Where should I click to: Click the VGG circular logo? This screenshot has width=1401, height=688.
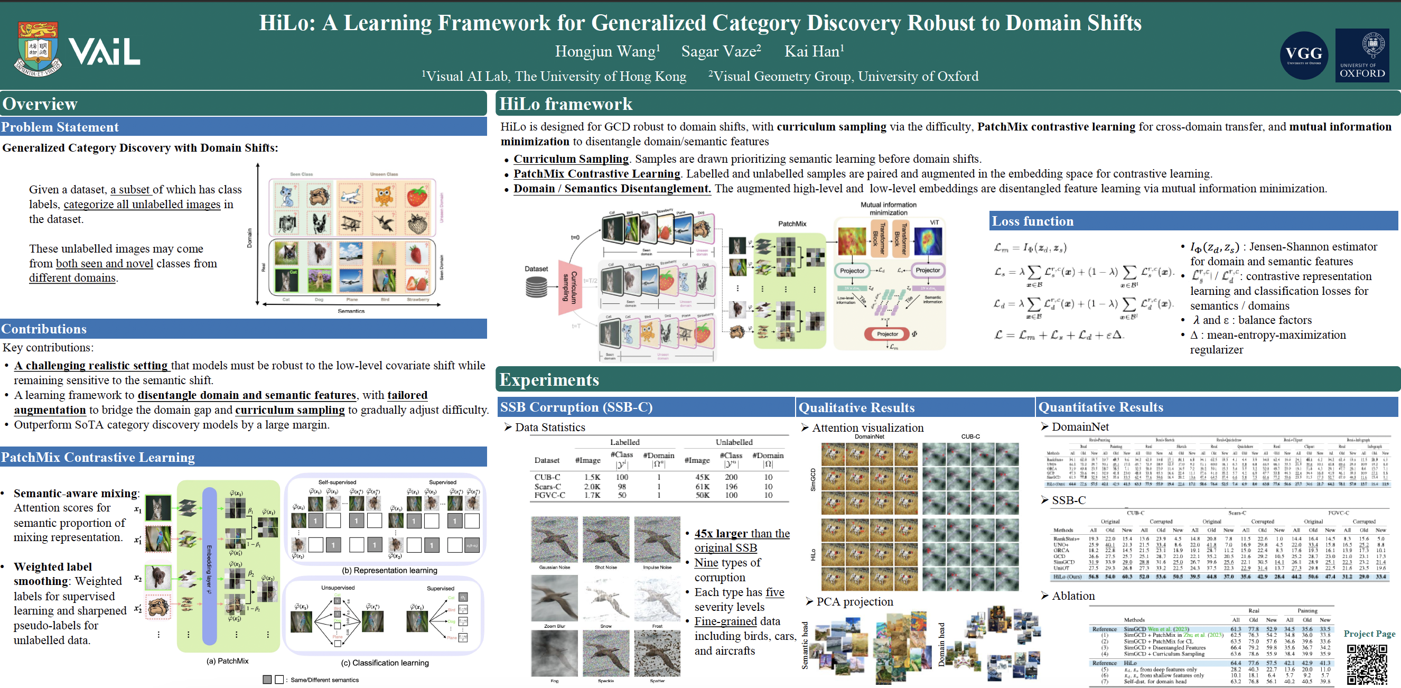[x=1304, y=55]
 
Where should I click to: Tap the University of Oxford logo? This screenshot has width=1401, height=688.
[x=1361, y=55]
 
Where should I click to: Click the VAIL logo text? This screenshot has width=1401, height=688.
[x=104, y=52]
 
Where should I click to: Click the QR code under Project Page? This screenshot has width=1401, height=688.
[x=1366, y=664]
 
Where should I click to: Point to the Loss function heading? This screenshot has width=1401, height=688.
[x=1032, y=221]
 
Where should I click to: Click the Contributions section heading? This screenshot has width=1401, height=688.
[x=44, y=329]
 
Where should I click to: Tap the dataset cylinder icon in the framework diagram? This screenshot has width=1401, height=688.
[x=536, y=287]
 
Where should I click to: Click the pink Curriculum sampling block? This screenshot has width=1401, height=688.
[x=569, y=287]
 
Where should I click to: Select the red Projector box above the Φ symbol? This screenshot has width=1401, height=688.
[x=887, y=334]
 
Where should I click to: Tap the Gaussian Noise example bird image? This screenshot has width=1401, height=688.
[x=554, y=540]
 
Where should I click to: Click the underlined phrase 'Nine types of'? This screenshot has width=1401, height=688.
[x=727, y=562]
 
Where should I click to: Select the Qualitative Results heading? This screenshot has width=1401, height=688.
[x=856, y=407]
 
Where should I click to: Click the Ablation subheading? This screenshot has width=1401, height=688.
[x=1072, y=596]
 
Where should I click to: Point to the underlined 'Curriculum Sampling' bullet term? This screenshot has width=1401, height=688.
[x=571, y=159]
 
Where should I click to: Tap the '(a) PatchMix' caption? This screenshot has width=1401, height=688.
[x=227, y=661]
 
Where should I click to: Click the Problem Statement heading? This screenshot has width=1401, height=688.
[x=60, y=127]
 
